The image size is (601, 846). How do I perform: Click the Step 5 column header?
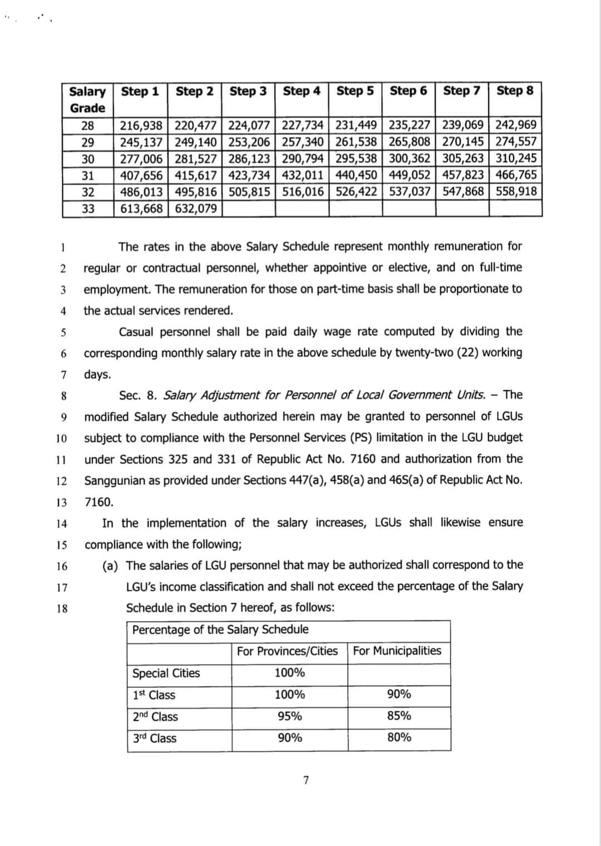pos(355,91)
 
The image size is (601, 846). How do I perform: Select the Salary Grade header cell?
pos(87,100)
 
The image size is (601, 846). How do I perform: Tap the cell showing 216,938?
pos(141,125)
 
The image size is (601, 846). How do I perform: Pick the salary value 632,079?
pos(195,209)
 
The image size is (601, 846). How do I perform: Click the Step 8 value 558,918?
pos(516,192)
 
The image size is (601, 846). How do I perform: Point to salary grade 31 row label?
pos(87,175)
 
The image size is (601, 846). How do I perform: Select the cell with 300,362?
pos(409,159)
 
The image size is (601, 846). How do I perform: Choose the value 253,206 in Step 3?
pos(249,142)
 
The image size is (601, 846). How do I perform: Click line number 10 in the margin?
pos(62,439)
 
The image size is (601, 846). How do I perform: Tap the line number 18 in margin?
pos(62,609)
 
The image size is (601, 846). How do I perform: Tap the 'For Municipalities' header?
pos(397,651)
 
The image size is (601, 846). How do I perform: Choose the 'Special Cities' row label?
pos(166,673)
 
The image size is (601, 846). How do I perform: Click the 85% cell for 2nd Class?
pos(399,716)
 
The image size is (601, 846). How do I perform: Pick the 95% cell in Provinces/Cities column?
pos(289,716)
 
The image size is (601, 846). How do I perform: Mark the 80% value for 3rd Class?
pos(399,737)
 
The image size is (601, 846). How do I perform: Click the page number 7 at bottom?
pos(306,780)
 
